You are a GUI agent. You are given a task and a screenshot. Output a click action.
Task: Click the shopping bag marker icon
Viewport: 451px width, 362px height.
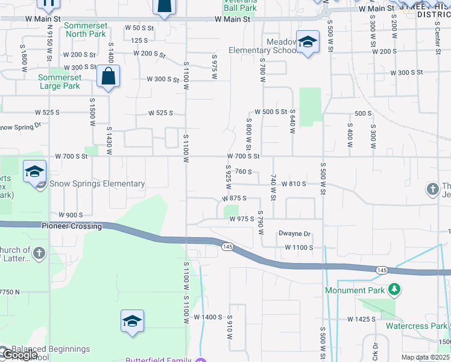coord(108,77)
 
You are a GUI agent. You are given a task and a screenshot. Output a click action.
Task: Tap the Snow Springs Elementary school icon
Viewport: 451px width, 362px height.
coord(35,172)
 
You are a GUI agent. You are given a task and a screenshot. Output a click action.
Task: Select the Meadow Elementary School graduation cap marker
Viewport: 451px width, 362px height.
coord(307,42)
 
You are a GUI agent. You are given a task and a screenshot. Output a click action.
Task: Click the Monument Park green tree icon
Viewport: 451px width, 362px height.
coord(394,290)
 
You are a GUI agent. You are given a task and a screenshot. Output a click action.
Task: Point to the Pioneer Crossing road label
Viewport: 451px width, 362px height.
coord(72,226)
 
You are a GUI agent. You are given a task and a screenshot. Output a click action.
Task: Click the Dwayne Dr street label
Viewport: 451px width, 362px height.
coord(294,234)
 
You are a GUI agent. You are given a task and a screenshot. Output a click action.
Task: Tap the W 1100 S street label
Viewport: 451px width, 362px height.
coord(295,248)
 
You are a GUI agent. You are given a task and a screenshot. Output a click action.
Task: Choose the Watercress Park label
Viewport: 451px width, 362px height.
coord(416,326)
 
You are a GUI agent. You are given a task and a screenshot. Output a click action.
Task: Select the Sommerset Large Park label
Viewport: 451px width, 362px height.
coord(59,81)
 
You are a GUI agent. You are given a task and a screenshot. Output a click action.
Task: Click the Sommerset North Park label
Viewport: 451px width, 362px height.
coord(85,30)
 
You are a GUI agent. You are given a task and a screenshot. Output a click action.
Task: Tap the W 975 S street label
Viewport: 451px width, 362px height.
coord(241,220)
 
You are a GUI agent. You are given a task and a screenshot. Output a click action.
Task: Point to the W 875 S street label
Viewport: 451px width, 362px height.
coord(235,198)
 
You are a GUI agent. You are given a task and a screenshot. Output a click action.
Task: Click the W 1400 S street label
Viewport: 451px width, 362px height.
coord(209,317)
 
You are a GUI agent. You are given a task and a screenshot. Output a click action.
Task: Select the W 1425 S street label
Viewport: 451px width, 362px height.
coord(362,319)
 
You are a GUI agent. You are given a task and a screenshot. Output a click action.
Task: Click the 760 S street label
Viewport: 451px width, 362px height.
coord(243,171)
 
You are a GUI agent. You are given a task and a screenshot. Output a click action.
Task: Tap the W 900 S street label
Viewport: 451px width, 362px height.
coord(71,215)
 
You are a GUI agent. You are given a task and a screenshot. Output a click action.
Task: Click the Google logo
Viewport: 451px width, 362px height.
coord(19,355)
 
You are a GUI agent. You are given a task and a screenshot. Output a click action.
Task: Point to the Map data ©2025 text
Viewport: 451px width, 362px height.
coord(424,357)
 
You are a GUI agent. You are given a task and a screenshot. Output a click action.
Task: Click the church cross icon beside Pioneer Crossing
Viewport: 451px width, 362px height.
coord(39,252)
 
